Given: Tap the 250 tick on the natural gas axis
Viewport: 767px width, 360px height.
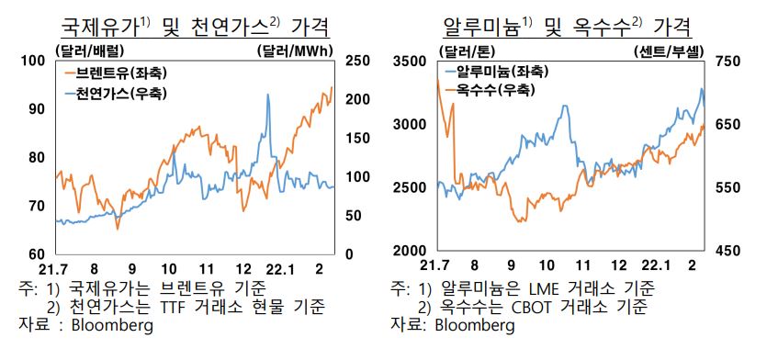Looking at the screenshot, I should [357, 61].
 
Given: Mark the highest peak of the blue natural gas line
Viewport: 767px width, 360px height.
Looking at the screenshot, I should [267, 95].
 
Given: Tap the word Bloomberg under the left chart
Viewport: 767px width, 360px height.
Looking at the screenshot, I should [114, 325].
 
